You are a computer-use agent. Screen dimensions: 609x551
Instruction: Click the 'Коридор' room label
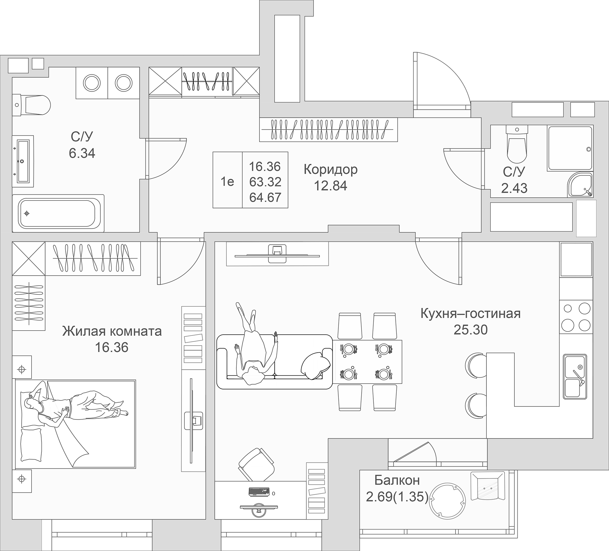coord(331,169)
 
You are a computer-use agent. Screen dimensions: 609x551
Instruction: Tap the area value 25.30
coord(471,330)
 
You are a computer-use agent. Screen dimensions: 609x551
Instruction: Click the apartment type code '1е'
coord(227,182)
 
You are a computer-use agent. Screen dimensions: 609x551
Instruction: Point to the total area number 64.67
coord(265,197)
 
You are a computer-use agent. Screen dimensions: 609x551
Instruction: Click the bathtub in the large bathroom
coord(58,213)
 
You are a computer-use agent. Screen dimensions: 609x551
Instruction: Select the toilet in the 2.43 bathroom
coord(517,144)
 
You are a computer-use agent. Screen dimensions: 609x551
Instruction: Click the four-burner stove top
coord(576,317)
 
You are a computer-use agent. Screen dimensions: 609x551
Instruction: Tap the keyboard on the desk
coord(259,492)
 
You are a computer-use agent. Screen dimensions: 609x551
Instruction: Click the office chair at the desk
coord(256,464)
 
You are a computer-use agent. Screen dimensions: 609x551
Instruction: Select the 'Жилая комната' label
coord(112,331)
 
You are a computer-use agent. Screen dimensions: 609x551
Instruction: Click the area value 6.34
coord(82,153)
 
